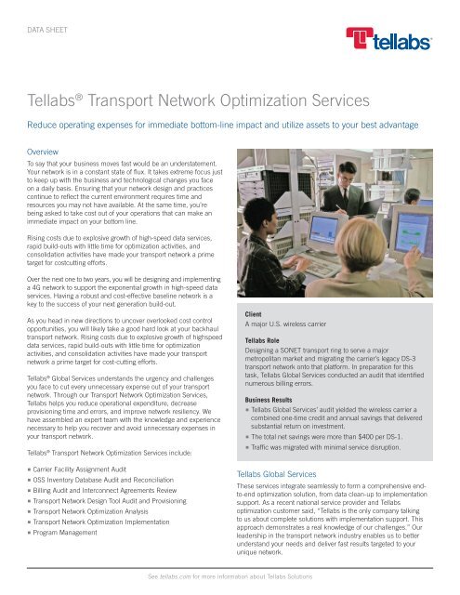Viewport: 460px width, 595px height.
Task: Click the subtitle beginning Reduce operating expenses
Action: [x=229, y=124]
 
